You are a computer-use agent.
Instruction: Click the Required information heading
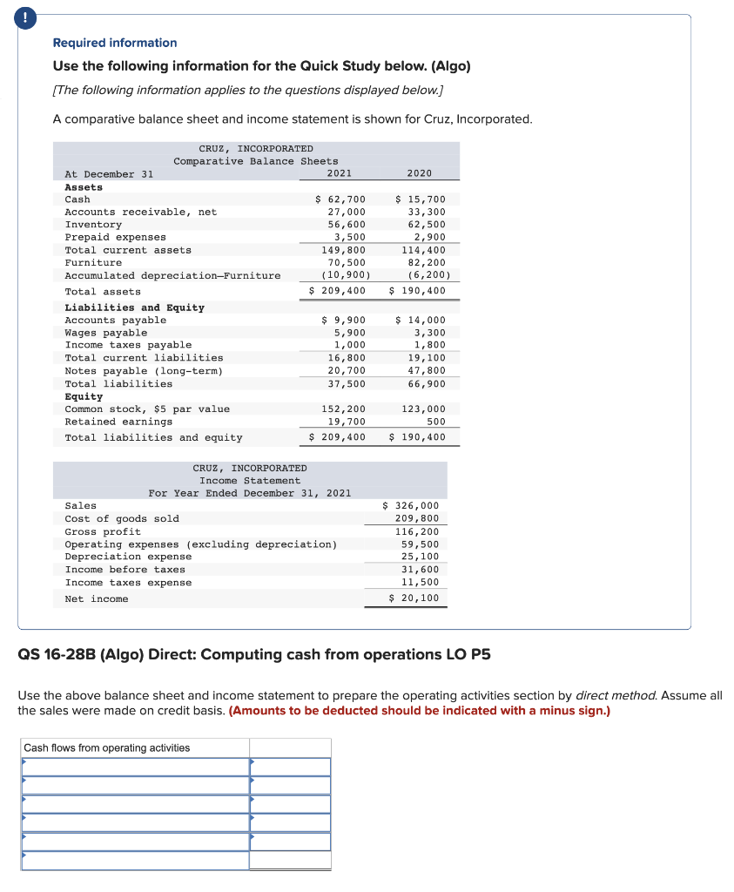[114, 43]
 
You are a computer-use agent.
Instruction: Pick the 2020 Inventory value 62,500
[427, 225]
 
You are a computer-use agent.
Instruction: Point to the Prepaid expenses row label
[115, 237]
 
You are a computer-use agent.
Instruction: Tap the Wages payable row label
[106, 333]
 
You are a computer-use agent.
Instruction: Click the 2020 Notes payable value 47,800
[427, 371]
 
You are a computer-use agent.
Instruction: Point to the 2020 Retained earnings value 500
[436, 422]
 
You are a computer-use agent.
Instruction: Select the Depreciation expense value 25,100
[421, 556]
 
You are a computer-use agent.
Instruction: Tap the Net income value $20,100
[414, 598]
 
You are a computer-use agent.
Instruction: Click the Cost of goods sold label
[122, 518]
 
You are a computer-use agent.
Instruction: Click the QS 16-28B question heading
[253, 654]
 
